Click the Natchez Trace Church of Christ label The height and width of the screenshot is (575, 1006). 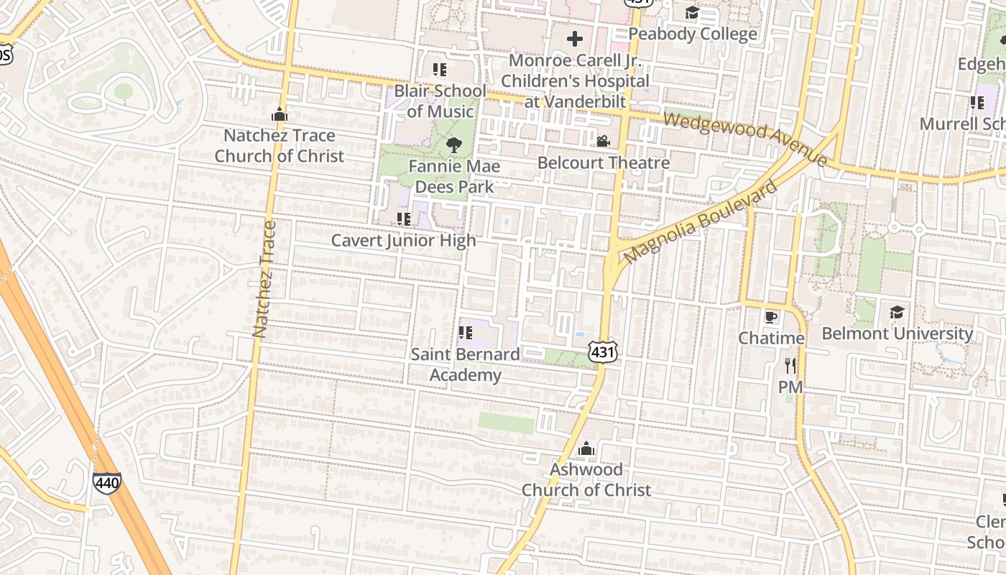coord(279,146)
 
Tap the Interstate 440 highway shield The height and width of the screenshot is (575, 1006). coord(106,482)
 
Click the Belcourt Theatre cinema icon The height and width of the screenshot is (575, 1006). coord(603,141)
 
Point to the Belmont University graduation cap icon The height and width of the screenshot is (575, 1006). coord(897,312)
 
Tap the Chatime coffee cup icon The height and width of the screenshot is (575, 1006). coord(771,316)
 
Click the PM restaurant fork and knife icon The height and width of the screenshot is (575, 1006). coord(790,366)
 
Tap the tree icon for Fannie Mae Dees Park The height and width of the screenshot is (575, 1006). coord(453,145)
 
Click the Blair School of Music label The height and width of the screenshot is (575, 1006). coord(440,101)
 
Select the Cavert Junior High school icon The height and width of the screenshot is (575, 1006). coord(403,218)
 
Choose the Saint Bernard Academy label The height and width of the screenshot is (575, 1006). coord(465,364)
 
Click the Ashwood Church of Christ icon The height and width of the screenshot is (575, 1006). coord(586,448)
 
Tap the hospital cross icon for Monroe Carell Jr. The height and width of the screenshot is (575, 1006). coord(574,39)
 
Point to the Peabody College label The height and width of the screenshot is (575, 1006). coord(693,34)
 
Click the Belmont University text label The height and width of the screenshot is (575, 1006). coord(897,333)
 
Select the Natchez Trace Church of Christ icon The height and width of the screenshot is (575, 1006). coord(279,114)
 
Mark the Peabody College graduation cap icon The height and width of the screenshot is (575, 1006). coord(692,12)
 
